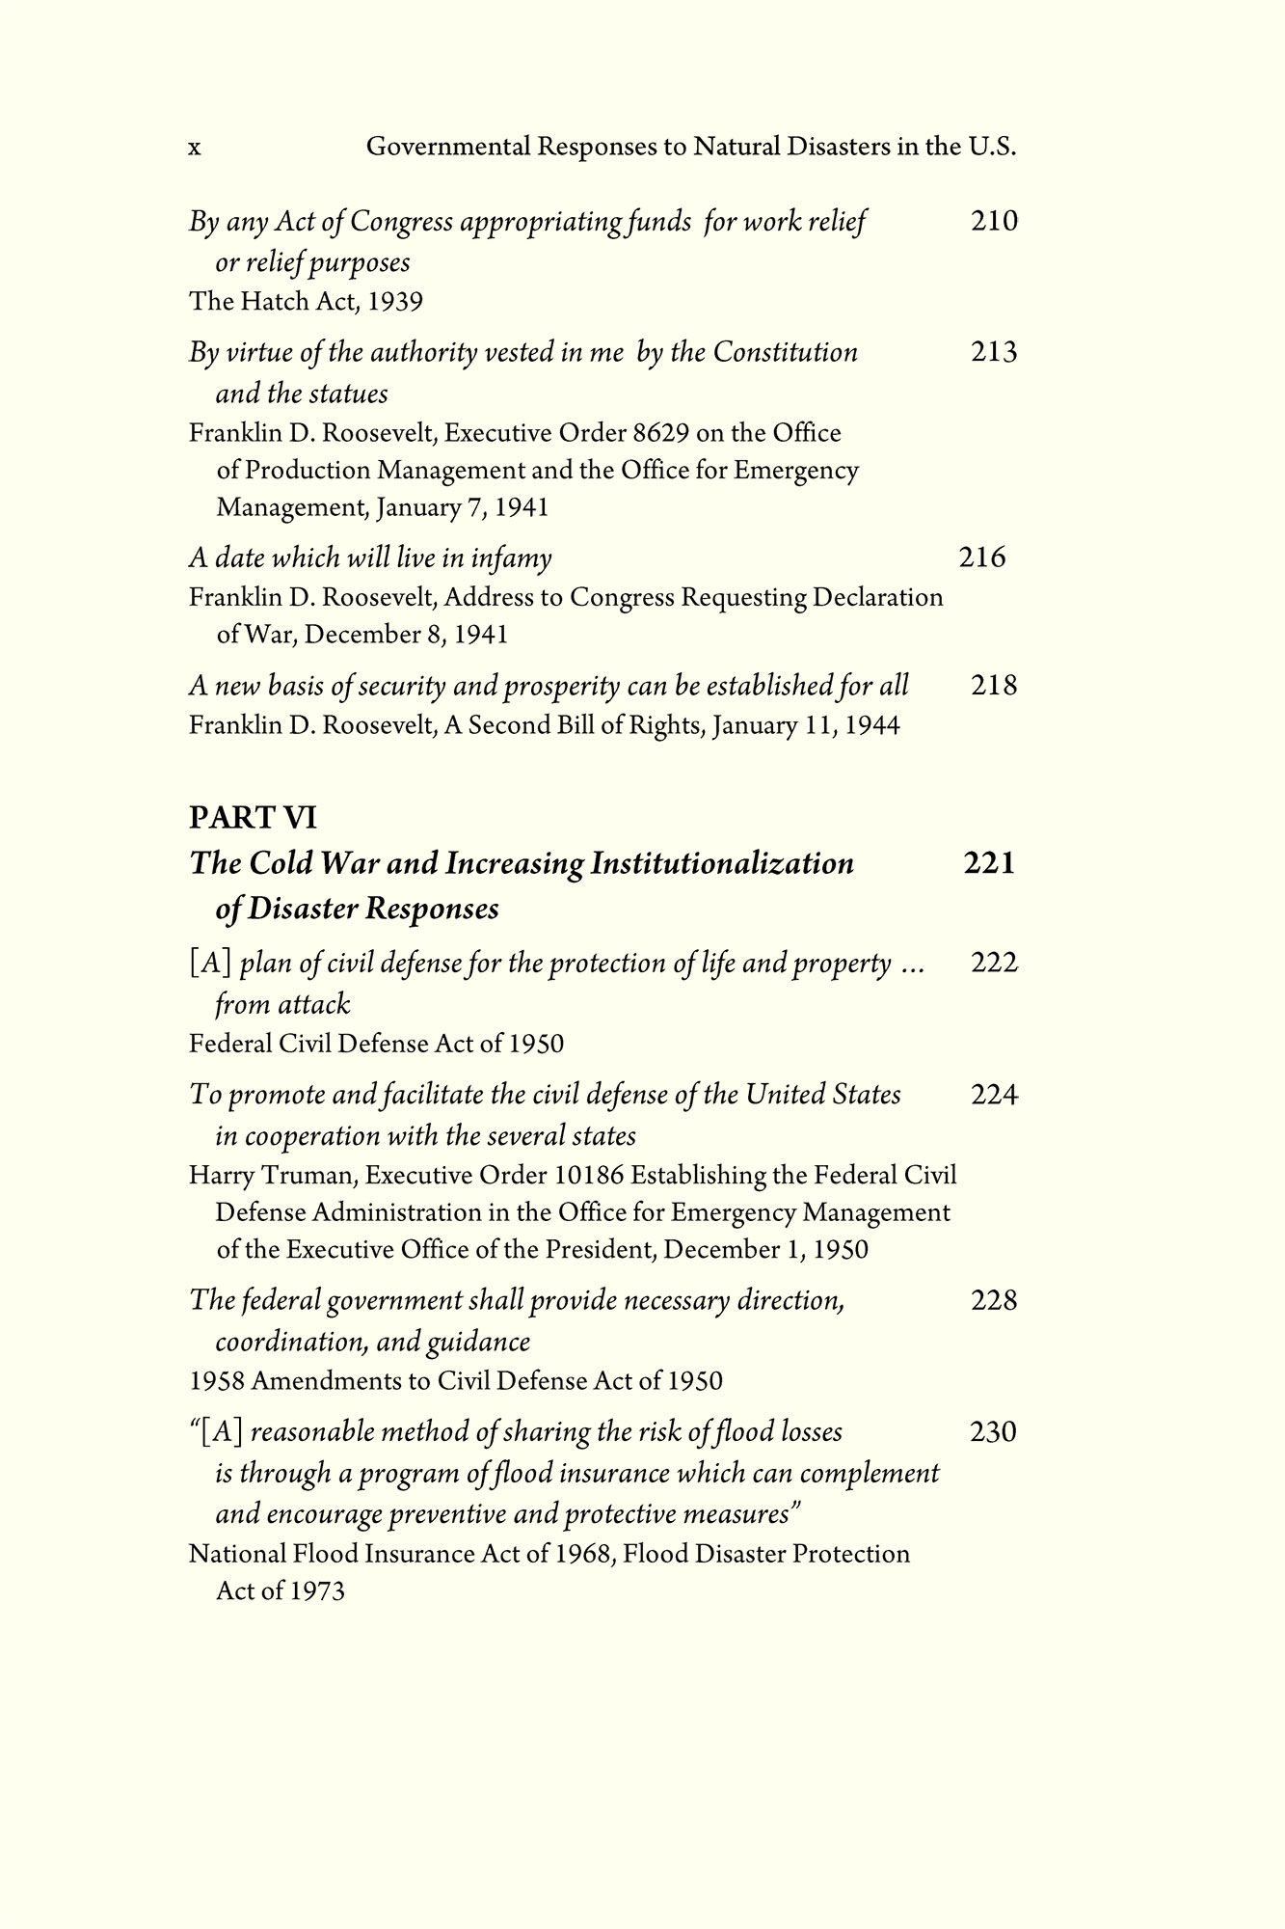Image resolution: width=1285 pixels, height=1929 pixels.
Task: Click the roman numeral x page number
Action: click(195, 149)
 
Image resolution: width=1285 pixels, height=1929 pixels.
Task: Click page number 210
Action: click(994, 222)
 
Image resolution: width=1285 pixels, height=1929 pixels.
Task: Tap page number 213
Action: click(994, 352)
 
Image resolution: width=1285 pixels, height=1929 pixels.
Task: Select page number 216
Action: click(982, 557)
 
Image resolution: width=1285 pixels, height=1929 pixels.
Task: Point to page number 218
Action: click(994, 686)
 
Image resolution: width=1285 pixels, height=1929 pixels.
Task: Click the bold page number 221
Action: click(990, 862)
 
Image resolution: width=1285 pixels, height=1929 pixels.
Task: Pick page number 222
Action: click(994, 963)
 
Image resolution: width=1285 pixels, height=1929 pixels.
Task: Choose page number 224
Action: click(994, 1095)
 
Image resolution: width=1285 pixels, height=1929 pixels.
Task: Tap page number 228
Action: click(994, 1301)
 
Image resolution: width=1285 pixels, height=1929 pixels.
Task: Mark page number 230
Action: click(994, 1432)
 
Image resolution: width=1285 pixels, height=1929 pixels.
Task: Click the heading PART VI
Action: click(254, 818)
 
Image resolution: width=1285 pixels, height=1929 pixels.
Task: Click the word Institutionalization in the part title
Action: click(721, 863)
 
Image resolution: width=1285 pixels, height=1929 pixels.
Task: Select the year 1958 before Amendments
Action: click(216, 1381)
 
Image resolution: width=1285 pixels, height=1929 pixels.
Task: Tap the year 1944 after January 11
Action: click(871, 725)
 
